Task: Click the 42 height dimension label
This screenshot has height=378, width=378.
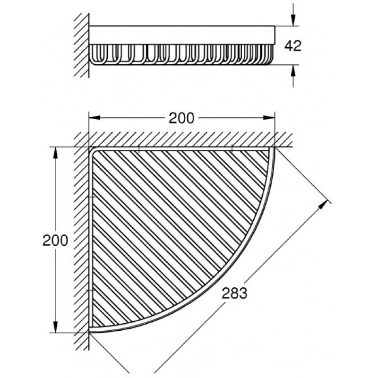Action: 293,46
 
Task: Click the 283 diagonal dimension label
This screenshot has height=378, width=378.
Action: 234,293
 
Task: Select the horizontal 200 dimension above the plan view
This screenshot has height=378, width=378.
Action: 181,118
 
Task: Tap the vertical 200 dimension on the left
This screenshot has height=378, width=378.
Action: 55,241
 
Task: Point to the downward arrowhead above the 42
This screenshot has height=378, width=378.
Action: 293,20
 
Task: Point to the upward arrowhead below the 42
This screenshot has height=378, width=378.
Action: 293,70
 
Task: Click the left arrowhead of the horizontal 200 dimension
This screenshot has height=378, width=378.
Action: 95,118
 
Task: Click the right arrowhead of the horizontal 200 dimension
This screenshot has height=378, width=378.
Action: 269,118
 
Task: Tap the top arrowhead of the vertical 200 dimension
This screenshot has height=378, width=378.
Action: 56,153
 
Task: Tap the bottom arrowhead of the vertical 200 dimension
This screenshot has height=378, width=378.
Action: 56,327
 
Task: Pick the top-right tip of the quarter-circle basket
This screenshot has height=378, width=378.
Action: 274,148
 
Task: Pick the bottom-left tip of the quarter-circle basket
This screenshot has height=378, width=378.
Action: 90,332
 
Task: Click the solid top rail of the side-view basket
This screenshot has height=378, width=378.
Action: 182,35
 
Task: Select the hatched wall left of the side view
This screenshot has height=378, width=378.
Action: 81,45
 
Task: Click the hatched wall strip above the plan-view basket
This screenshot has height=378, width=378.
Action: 183,139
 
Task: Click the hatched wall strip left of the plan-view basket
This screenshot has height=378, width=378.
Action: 81,241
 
